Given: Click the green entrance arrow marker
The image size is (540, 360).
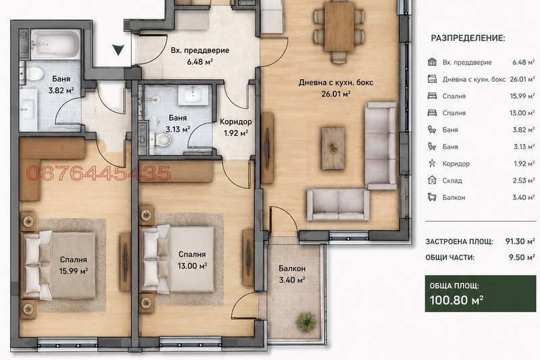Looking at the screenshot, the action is [x=118, y=50].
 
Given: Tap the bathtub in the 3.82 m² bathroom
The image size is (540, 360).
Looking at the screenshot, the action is [x=55, y=45].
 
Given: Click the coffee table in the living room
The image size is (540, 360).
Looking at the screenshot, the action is [x=333, y=149].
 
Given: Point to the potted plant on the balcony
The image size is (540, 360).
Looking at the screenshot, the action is [x=306, y=322].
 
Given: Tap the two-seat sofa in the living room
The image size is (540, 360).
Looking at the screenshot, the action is [x=338, y=205].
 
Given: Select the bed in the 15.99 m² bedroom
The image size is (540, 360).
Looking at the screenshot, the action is [x=59, y=265].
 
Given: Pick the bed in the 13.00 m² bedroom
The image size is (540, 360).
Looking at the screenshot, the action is [x=178, y=259].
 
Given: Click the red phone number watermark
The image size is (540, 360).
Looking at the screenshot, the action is [x=99, y=173].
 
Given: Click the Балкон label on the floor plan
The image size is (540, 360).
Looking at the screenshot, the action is [x=292, y=268].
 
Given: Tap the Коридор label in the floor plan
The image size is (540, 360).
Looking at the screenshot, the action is [x=236, y=122].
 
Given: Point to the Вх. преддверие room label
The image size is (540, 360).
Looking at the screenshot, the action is [x=200, y=50].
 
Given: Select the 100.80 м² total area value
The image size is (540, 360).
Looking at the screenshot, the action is [x=457, y=300].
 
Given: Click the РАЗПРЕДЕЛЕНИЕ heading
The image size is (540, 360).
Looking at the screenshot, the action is [x=468, y=38].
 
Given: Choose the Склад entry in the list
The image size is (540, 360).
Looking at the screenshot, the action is [x=452, y=181].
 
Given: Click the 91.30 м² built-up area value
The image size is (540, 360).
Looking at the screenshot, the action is [x=520, y=241].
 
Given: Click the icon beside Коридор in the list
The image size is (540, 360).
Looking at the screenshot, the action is [x=432, y=163].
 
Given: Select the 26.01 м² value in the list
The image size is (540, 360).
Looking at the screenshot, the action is [x=522, y=79].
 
